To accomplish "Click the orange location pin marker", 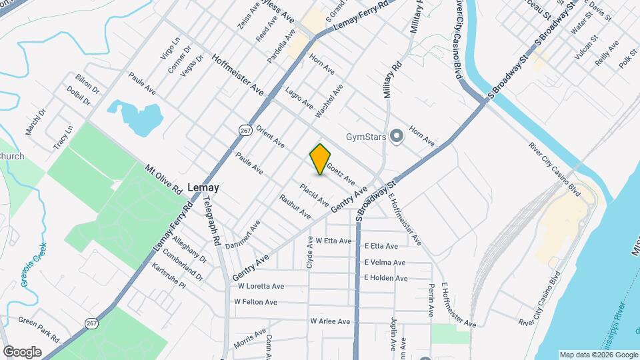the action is [x=320, y=159].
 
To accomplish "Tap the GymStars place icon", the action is [x=397, y=137].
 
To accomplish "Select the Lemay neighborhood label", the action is [x=203, y=188].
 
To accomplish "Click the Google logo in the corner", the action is [x=22, y=351].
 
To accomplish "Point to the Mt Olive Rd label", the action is [x=164, y=179].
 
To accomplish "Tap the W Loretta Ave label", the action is [x=261, y=287].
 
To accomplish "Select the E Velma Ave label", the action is [x=385, y=262].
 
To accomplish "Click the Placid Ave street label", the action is [x=314, y=194].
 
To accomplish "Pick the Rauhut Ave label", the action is [x=295, y=207].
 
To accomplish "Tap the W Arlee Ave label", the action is [x=330, y=321].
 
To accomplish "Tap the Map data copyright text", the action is [x=597, y=355].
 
